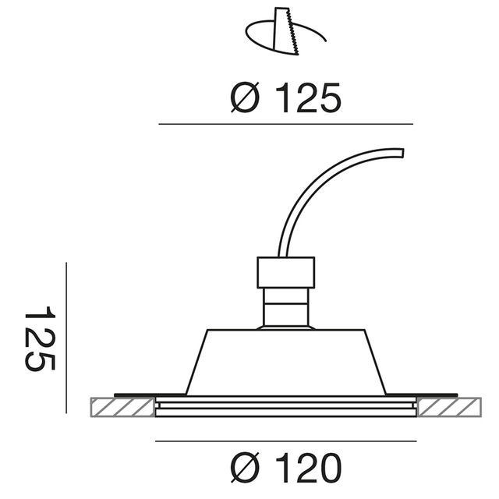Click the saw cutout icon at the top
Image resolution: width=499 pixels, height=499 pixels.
(x=285, y=34)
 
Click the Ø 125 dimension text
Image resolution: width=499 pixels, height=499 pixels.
(x=286, y=99)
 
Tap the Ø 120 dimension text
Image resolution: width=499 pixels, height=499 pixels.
(x=286, y=468)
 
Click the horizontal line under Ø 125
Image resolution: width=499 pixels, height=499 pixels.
(x=285, y=124)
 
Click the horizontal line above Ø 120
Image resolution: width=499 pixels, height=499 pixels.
(x=285, y=442)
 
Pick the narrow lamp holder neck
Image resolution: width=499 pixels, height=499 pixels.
(x=285, y=307)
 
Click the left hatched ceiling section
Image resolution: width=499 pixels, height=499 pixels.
(x=121, y=408)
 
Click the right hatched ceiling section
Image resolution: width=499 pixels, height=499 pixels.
(x=451, y=408)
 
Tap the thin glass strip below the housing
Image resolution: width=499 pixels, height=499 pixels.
(x=285, y=409)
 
